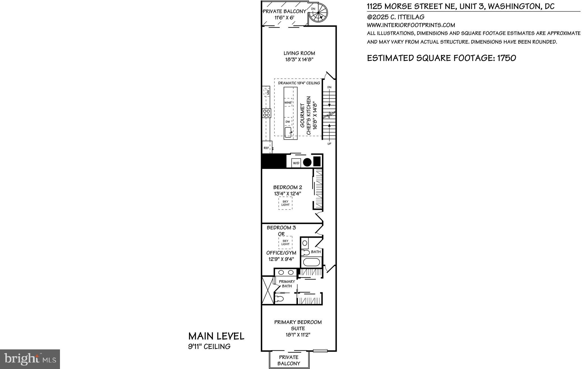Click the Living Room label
click(x=299, y=53)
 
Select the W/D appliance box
click(x=296, y=163)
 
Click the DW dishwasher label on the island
click(x=288, y=122)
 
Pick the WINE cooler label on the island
click(x=288, y=102)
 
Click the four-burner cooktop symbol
click(x=68, y=113)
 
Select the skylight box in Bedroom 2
click(x=285, y=203)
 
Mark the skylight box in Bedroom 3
click(x=285, y=242)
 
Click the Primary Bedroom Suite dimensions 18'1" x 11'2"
click(x=298, y=335)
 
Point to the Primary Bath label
click(x=287, y=284)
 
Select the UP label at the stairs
click(x=329, y=144)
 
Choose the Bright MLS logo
click(x=30, y=359)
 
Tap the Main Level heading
click(x=216, y=336)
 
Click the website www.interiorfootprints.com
click(x=411, y=25)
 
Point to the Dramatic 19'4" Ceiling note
click(x=299, y=83)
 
